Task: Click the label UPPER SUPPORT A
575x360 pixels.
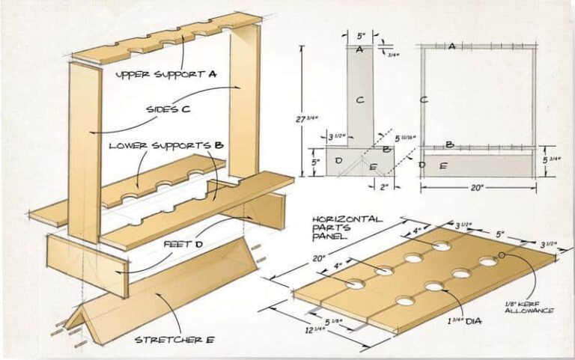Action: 165,75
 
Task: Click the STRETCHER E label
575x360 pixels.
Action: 174,340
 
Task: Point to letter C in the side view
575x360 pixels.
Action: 359,99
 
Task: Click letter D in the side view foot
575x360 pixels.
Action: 338,161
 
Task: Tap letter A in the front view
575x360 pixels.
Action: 451,46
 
